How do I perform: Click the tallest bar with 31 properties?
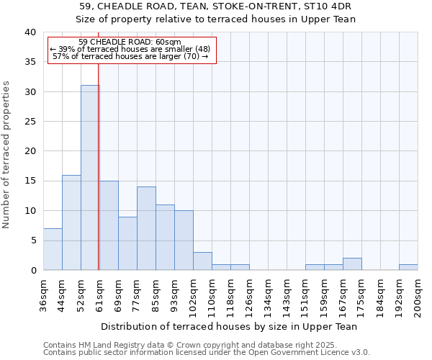pyautogui.click(x=90, y=178)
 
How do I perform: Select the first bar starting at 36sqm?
pyautogui.click(x=53, y=249)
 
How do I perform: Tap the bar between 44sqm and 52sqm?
pyautogui.click(x=71, y=222)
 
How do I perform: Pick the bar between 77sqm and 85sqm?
pyautogui.click(x=146, y=228)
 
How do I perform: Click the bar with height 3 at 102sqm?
pyautogui.click(x=202, y=261)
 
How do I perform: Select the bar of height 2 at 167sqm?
pyautogui.click(x=352, y=264)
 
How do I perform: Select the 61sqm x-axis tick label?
pyautogui.click(x=100, y=294)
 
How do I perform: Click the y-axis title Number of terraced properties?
pyautogui.click(x=6, y=154)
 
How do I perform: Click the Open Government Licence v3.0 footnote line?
pyautogui.click(x=207, y=353)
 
